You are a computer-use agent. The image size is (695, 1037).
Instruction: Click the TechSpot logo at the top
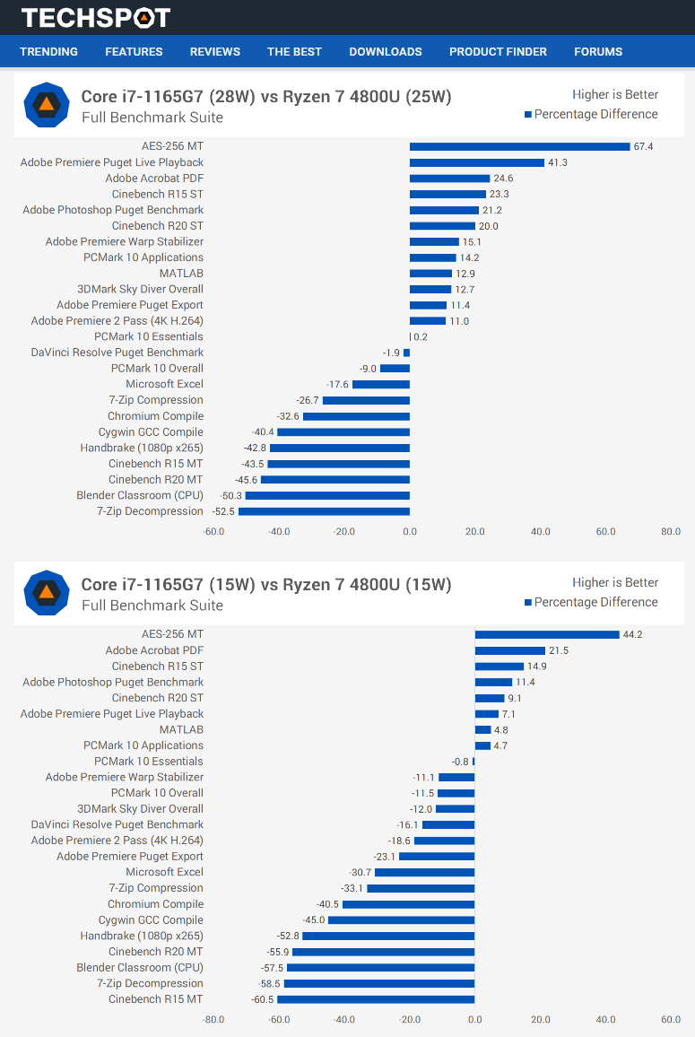[x=95, y=18]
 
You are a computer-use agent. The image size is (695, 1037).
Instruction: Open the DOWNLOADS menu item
[x=386, y=52]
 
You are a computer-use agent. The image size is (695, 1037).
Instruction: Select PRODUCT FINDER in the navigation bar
[x=498, y=52]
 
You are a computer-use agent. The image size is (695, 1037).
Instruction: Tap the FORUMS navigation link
[x=598, y=52]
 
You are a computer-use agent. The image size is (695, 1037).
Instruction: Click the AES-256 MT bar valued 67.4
[x=520, y=146]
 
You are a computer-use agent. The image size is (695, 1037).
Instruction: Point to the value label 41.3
[x=558, y=162]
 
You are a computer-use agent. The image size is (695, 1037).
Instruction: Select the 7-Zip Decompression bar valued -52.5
[x=324, y=511]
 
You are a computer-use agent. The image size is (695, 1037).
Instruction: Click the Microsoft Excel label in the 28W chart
[x=164, y=384]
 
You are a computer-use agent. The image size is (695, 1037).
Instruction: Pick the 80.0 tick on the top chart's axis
[x=671, y=532]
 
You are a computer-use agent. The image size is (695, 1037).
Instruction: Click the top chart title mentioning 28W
[x=266, y=97]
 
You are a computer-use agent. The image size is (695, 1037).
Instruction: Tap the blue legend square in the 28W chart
[x=528, y=115]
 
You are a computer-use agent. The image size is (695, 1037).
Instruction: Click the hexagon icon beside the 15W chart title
[x=46, y=593]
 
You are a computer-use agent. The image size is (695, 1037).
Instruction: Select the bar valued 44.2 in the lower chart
[x=547, y=634]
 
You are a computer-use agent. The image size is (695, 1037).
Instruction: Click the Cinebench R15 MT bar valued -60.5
[x=376, y=999]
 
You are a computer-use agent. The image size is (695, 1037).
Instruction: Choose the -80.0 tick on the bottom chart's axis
[x=213, y=1020]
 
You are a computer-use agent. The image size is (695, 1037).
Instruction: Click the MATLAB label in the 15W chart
[x=181, y=729]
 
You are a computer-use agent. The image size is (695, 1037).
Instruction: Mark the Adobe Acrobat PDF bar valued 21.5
[x=510, y=650]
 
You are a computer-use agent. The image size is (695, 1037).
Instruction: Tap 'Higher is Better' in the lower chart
[x=615, y=583]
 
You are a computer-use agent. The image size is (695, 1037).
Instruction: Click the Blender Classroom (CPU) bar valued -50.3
[x=327, y=495]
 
